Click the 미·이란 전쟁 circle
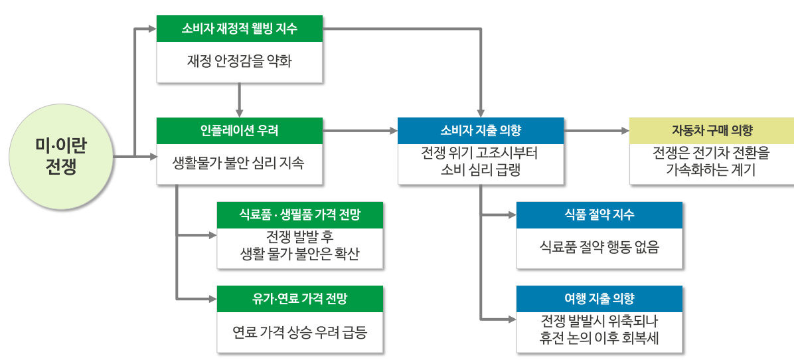pos(61,157)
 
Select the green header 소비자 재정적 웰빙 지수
pos(240,29)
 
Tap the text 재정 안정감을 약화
pos(240,62)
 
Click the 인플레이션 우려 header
pos(240,131)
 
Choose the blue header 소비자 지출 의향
pos(481,131)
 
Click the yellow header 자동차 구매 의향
pos(712,131)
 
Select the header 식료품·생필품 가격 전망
pos(300,215)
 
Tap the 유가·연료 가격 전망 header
pos(300,299)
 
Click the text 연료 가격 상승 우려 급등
pos(300,332)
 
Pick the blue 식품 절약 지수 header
pos(599,215)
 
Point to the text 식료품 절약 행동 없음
pos(599,248)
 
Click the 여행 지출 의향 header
pos(599,299)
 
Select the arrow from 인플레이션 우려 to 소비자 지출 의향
pos(360,131)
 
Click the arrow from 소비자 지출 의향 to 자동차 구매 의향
pos(597,131)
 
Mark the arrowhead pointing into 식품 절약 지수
pos(512,215)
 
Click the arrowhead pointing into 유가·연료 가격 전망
pos(212,299)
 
